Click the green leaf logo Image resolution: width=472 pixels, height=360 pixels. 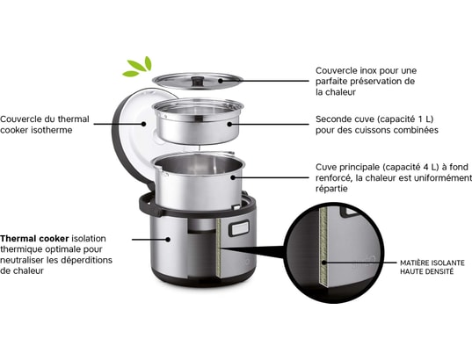click(x=138, y=67)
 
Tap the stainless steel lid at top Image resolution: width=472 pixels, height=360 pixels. click(x=197, y=82)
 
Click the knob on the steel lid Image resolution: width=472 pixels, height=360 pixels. click(x=198, y=75)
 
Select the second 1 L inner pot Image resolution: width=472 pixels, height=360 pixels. click(x=196, y=124)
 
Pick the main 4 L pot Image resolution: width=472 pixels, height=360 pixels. click(x=196, y=181)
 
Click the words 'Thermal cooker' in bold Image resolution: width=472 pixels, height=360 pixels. click(x=34, y=238)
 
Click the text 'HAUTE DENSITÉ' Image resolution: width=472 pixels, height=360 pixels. click(x=427, y=272)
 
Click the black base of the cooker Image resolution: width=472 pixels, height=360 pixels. click(x=196, y=279)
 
